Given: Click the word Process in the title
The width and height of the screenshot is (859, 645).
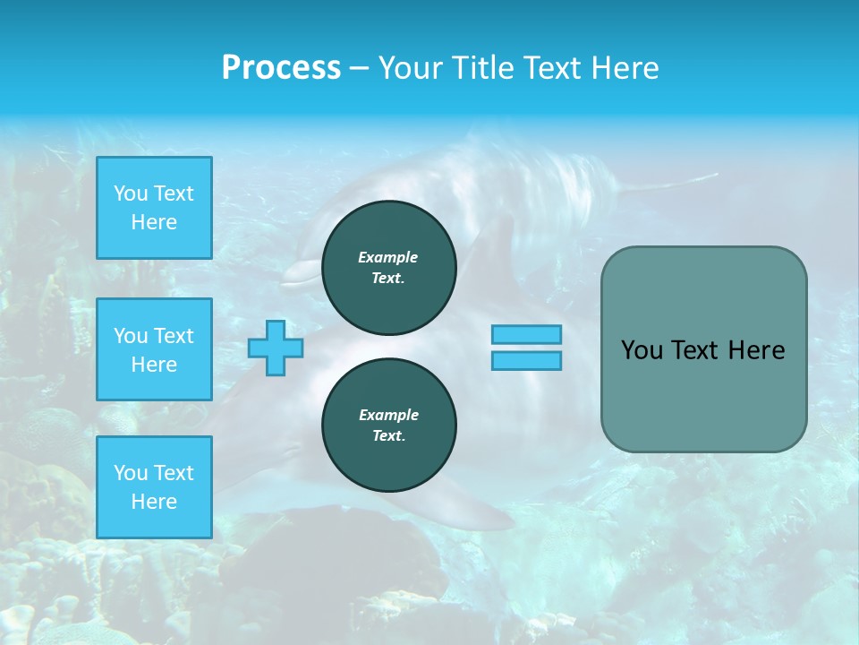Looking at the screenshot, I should (x=281, y=68).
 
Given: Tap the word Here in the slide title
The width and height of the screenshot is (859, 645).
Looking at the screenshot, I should (x=623, y=68).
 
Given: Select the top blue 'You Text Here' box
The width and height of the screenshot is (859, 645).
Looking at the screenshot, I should (x=154, y=208).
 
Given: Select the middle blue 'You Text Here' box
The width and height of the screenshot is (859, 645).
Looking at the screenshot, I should (x=154, y=349).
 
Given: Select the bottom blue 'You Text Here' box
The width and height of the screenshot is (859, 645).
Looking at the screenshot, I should (x=154, y=487).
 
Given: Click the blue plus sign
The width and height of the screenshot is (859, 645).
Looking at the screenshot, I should (x=276, y=348).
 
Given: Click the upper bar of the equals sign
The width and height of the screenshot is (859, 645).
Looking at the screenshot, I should (x=526, y=334).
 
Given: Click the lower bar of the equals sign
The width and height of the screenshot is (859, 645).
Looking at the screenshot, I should (x=526, y=360).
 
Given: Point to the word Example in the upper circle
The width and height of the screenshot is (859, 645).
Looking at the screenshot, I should (x=388, y=257).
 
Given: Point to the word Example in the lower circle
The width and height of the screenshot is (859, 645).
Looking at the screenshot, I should (x=388, y=415).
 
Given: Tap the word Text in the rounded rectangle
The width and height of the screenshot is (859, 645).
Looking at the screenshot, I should (x=693, y=350).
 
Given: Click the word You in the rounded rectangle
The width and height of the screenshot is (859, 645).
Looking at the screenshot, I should (x=641, y=350).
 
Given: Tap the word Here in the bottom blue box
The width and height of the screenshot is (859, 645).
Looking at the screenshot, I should (x=154, y=502).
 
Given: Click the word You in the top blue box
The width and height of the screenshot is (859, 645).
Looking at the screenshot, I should (x=131, y=193).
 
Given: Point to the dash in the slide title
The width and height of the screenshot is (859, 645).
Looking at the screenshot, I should (x=360, y=68).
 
